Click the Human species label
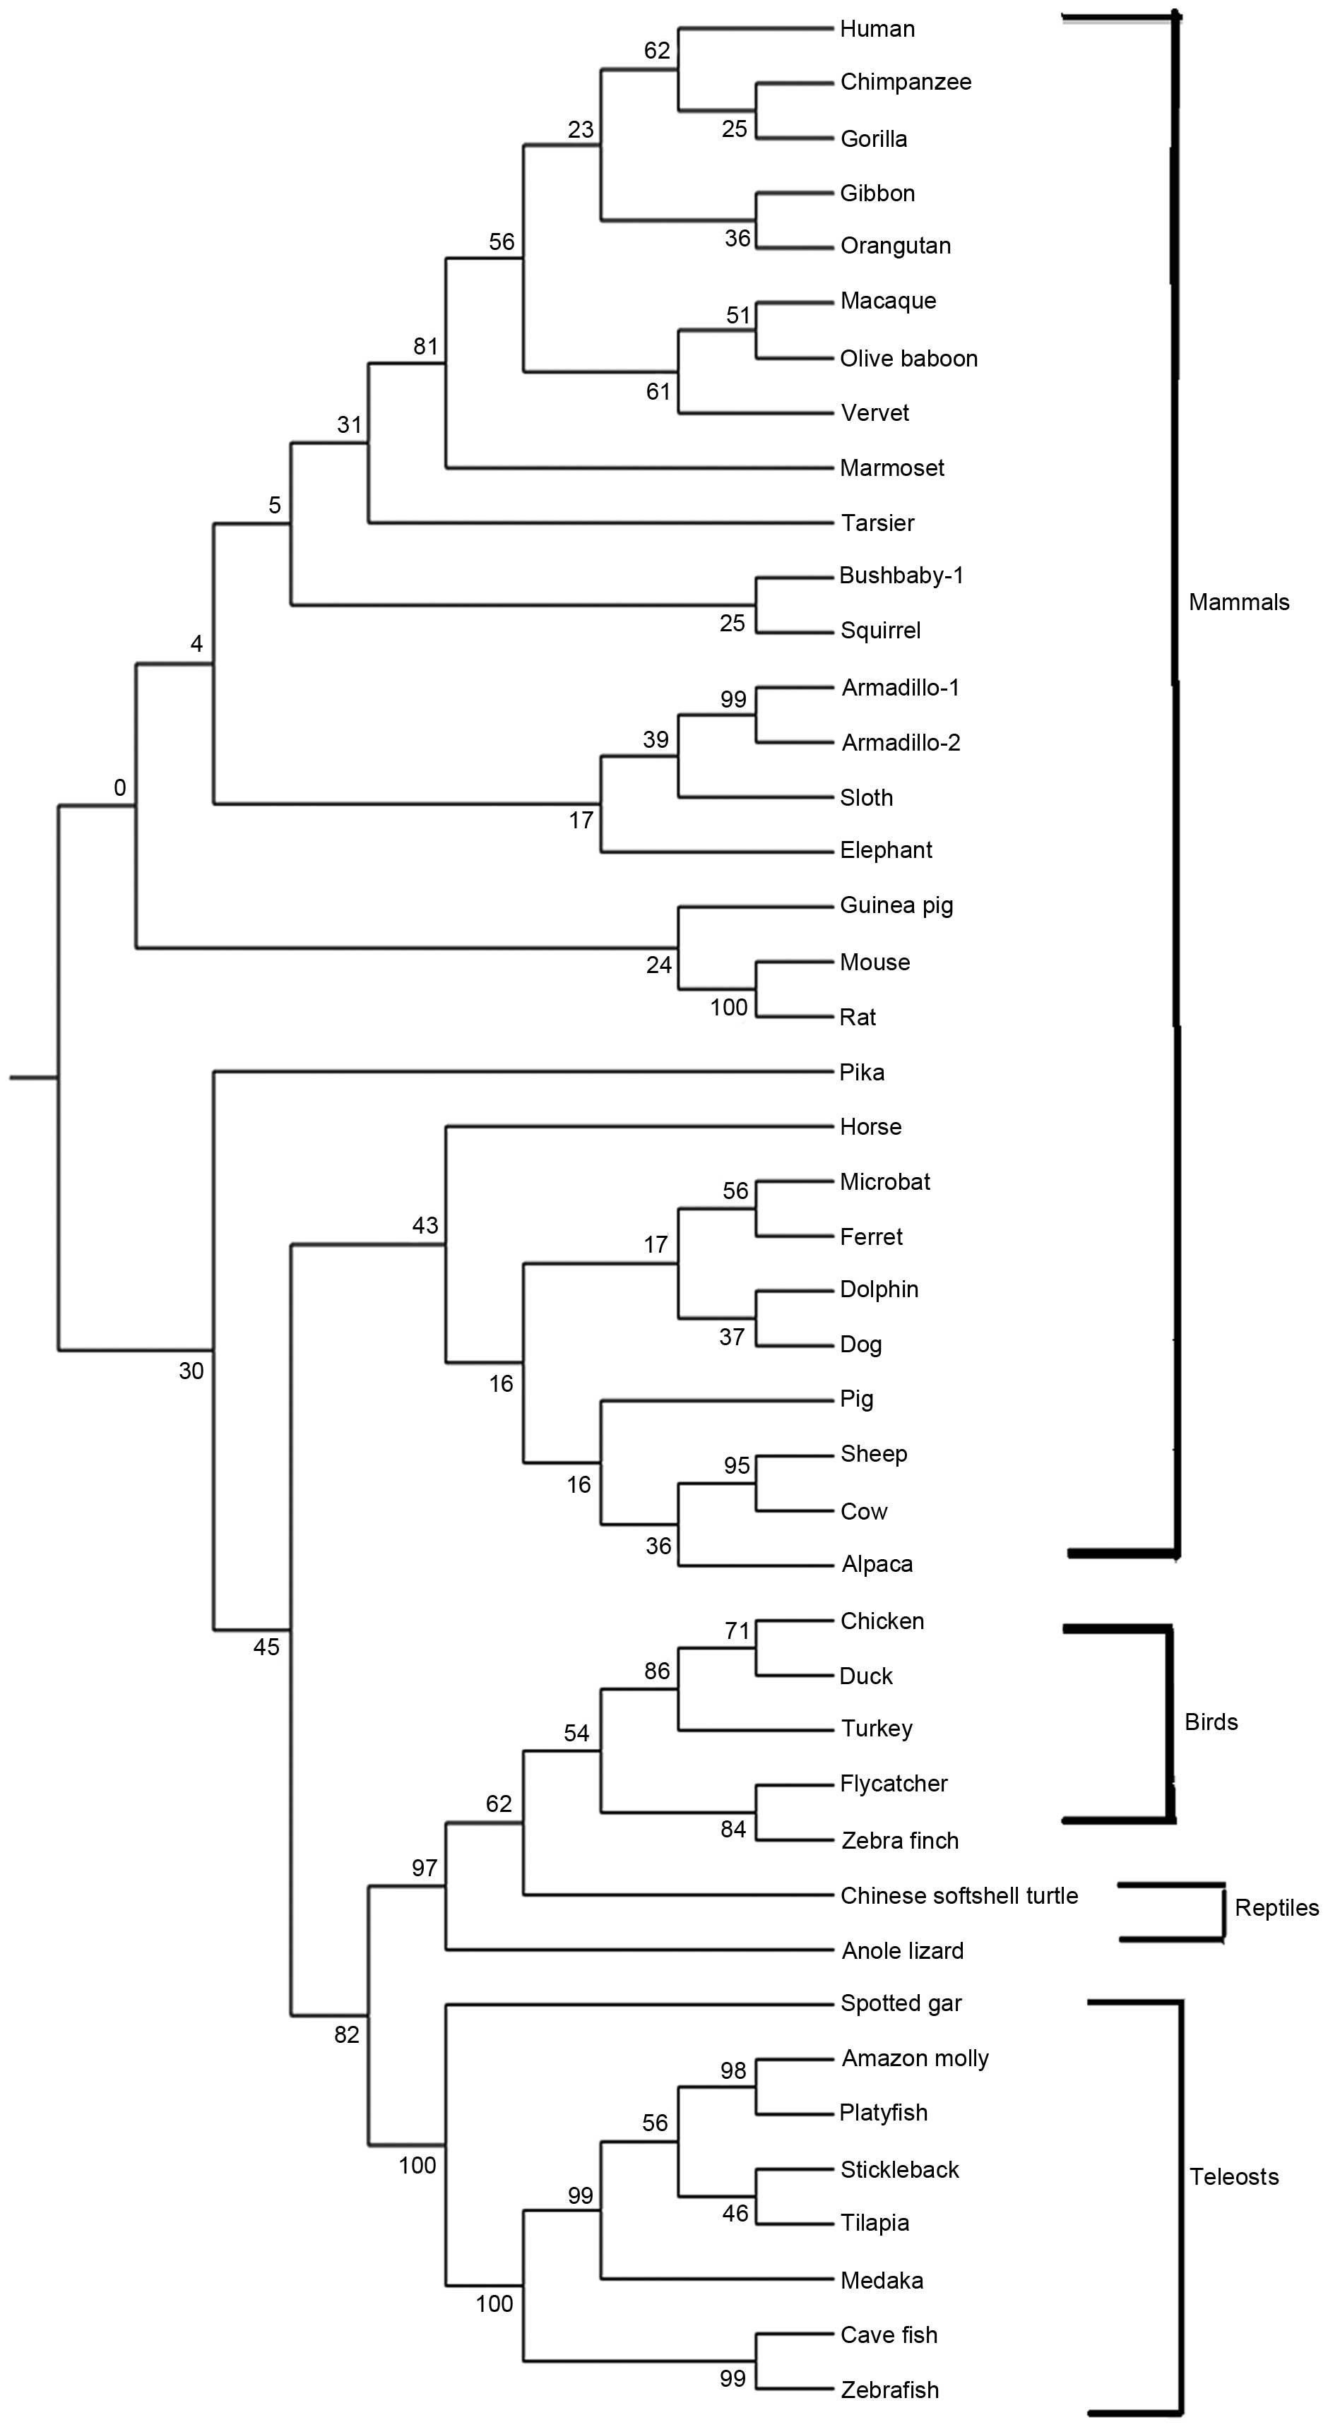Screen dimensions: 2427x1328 877,29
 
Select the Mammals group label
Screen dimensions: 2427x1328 1238,602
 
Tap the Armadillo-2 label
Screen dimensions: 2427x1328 900,742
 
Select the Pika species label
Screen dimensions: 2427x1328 862,1072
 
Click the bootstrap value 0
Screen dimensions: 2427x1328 119,787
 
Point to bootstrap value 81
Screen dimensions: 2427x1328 426,346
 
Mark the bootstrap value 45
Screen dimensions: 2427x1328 267,1646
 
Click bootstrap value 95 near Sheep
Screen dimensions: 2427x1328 737,1465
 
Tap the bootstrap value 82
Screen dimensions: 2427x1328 347,2034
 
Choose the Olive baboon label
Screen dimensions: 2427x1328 908,358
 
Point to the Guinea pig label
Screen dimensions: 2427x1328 896,905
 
